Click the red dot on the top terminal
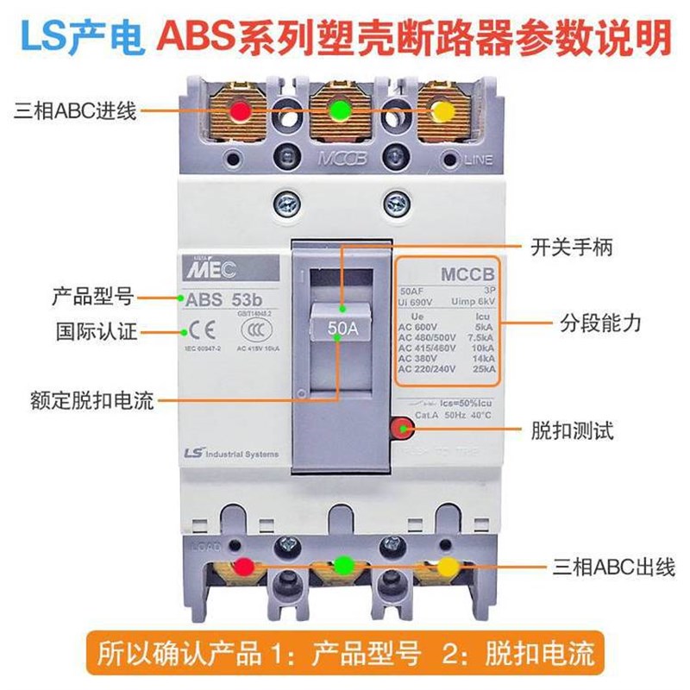click(239, 111)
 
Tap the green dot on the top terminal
click(340, 111)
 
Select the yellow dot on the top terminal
click(442, 112)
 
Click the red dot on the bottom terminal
click(245, 567)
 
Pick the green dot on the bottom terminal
click(344, 566)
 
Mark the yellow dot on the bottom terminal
click(447, 567)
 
